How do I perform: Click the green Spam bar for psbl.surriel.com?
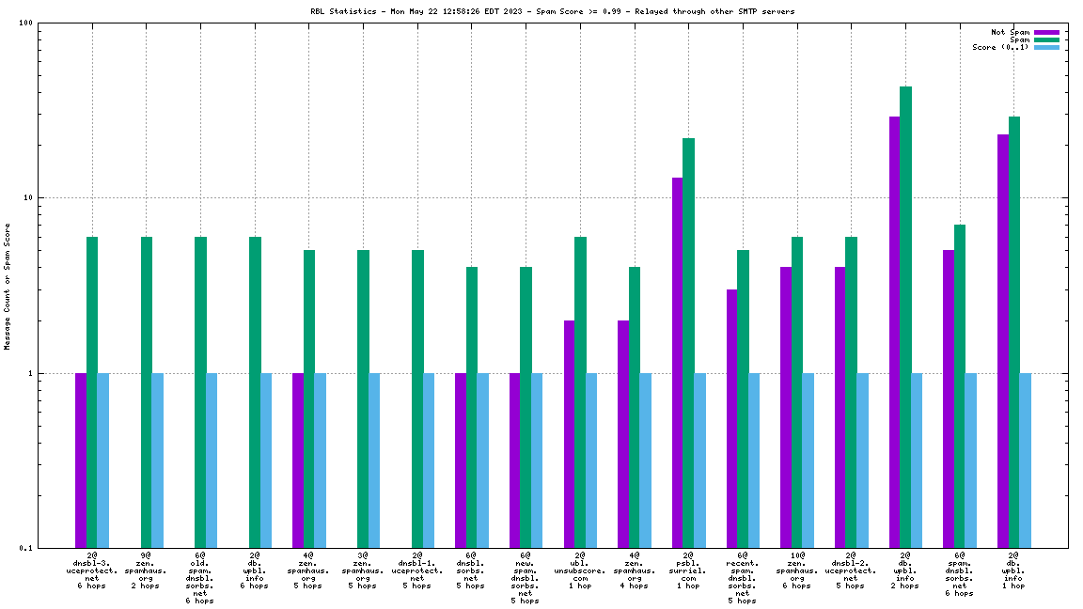(689, 343)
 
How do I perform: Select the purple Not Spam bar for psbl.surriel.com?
(678, 362)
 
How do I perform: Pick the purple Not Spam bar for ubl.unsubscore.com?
(570, 433)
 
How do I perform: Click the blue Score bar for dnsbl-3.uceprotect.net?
(103, 460)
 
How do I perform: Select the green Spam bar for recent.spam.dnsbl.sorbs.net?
(743, 398)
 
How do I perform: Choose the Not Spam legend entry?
(1011, 32)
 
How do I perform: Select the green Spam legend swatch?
(1046, 39)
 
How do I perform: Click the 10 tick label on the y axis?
(28, 198)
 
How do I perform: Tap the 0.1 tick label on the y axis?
(26, 548)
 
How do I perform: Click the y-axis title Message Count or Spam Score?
(8, 287)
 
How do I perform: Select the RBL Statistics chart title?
(552, 11)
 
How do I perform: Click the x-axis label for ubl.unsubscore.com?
(580, 570)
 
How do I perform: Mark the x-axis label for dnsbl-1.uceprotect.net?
(417, 570)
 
